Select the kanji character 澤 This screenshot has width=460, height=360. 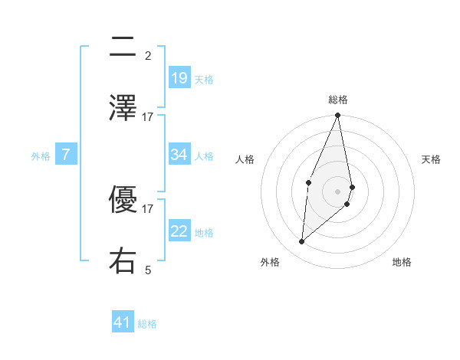123,109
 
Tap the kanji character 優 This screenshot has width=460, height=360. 123,200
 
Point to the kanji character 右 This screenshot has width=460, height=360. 123,261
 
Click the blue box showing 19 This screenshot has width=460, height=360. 179,78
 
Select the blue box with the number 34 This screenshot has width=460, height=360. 179,155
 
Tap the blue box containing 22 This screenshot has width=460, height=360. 179,231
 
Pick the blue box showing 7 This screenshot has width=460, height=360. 66,155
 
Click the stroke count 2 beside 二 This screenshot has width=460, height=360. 148,55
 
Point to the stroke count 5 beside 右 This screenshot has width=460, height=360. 148,270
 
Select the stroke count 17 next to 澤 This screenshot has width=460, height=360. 148,116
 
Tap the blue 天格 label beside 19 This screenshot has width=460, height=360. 204,79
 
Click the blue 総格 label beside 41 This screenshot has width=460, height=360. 147,324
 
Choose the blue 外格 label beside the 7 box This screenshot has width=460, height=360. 41,156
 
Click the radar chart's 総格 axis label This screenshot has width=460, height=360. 338,100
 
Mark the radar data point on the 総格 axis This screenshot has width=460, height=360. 337,116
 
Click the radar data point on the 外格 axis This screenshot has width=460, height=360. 302,242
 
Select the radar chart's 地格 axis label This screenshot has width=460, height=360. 402,262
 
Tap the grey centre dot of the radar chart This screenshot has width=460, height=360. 337,191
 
